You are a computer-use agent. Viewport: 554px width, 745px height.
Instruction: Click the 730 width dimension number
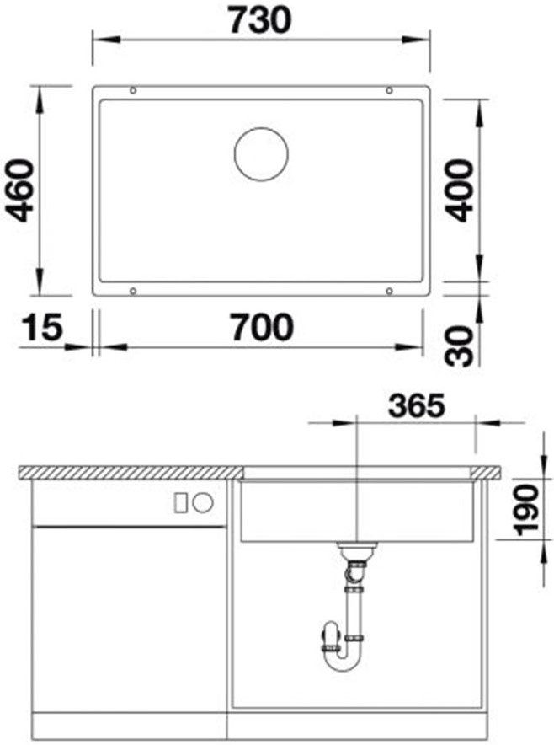260,20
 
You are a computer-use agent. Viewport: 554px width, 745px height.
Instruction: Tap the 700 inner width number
262,327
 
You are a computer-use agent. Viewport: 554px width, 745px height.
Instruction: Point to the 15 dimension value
42,327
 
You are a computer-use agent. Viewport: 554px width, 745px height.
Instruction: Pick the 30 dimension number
461,346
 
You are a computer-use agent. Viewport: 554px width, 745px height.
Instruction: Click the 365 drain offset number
416,405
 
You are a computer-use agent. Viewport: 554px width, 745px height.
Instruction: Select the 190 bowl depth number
528,510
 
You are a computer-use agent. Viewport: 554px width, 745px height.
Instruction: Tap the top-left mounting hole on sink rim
133,90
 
